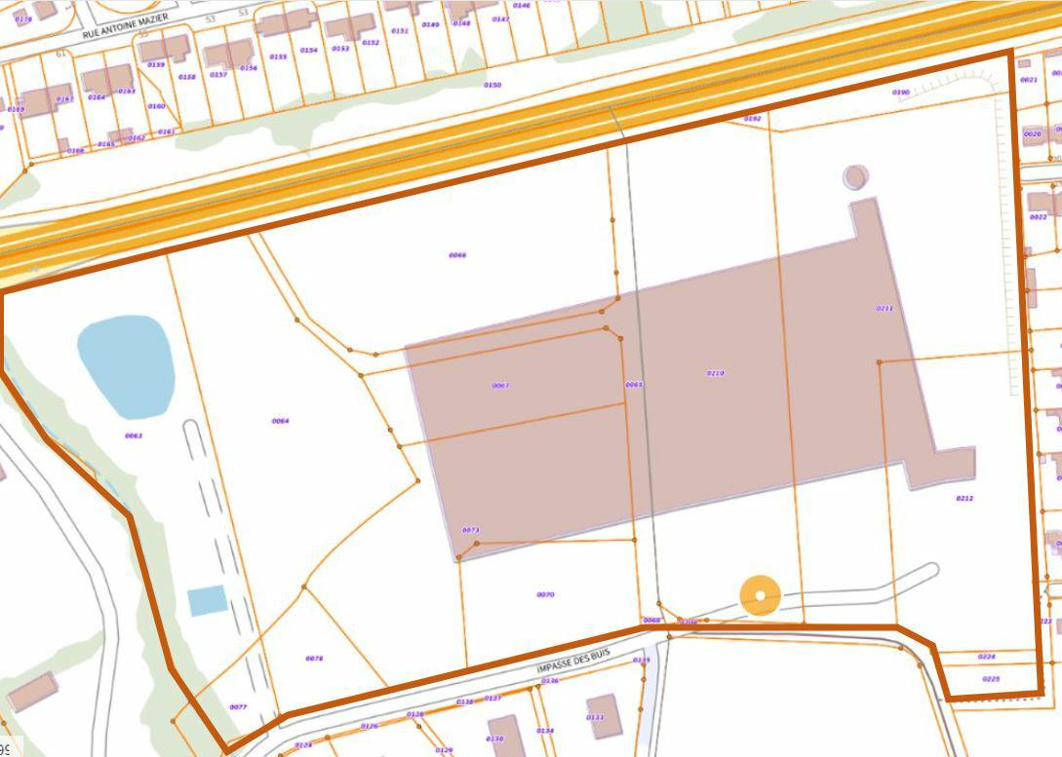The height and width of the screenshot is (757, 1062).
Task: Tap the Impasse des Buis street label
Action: pos(573,662)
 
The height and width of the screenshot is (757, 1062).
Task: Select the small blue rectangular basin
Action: pos(208,600)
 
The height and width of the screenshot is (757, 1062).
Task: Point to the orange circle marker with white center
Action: pos(760,595)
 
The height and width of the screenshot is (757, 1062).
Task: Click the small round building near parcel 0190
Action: pos(855,176)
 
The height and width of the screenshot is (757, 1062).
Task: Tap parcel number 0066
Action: pos(457,255)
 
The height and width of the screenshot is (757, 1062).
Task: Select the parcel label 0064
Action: pos(280,421)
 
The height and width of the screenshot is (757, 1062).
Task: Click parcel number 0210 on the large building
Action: pos(715,373)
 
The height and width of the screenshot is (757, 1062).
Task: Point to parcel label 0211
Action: pos(885,308)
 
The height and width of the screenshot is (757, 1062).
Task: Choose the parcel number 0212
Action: pos(964,498)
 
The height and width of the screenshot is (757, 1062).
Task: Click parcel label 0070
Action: pos(545,594)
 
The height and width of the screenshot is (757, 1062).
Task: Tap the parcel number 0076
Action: pos(314,659)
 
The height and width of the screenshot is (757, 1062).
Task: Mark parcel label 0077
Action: pos(238,706)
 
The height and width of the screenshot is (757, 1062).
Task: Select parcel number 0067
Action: pos(500,386)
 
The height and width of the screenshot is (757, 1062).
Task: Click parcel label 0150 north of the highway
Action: pos(492,85)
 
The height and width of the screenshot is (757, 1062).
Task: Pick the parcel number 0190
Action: pos(900,93)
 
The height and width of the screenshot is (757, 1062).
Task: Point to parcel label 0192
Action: pos(752,118)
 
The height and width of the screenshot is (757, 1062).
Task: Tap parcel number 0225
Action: pos(990,678)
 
